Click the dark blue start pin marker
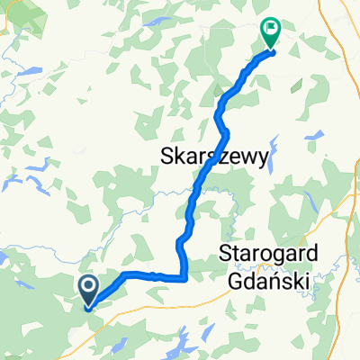pyautogui.click(x=90, y=290)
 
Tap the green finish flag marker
pyautogui.click(x=269, y=32)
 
